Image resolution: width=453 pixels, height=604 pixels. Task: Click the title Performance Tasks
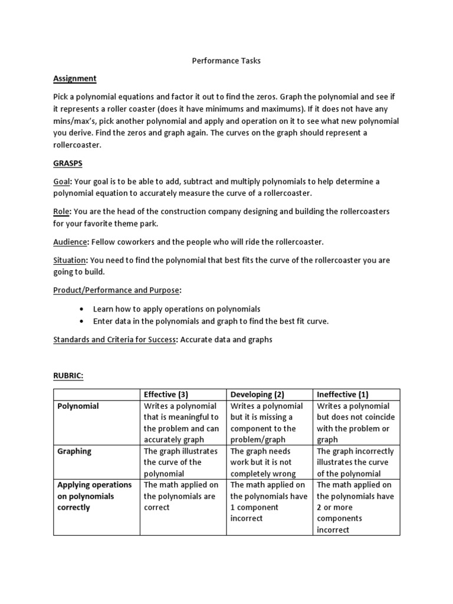(226, 60)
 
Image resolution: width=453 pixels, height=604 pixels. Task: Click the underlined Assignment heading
(75, 78)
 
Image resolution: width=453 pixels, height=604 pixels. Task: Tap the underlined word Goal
(61, 182)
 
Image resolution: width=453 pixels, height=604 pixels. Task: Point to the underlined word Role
(61, 211)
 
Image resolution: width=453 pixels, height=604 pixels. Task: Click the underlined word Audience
(70, 242)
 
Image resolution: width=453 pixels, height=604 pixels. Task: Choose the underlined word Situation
(70, 260)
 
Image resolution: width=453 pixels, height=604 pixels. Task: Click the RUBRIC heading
(68, 376)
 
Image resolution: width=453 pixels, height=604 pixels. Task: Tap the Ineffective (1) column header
(343, 395)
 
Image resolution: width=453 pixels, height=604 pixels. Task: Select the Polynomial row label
(78, 406)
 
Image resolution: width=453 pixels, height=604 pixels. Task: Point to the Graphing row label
(75, 451)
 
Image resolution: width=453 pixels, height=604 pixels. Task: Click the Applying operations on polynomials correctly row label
(94, 496)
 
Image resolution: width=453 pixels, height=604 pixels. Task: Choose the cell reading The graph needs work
(269, 462)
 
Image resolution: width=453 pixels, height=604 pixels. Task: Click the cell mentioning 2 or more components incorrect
(355, 507)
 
